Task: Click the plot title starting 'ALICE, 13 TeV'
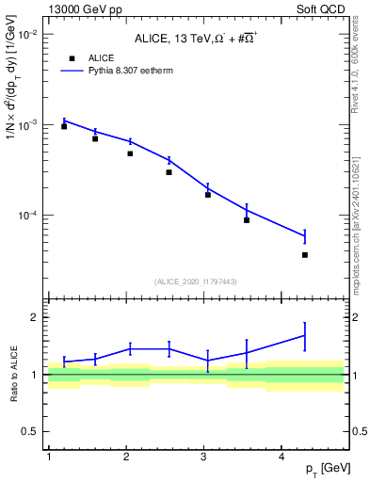196,37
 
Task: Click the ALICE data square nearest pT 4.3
305,255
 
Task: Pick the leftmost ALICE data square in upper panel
64,126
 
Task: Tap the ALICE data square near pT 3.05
207,195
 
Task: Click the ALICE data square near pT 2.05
130,153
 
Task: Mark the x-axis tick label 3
203,456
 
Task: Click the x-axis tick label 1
48,456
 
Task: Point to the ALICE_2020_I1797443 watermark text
196,281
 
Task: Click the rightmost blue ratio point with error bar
305,335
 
